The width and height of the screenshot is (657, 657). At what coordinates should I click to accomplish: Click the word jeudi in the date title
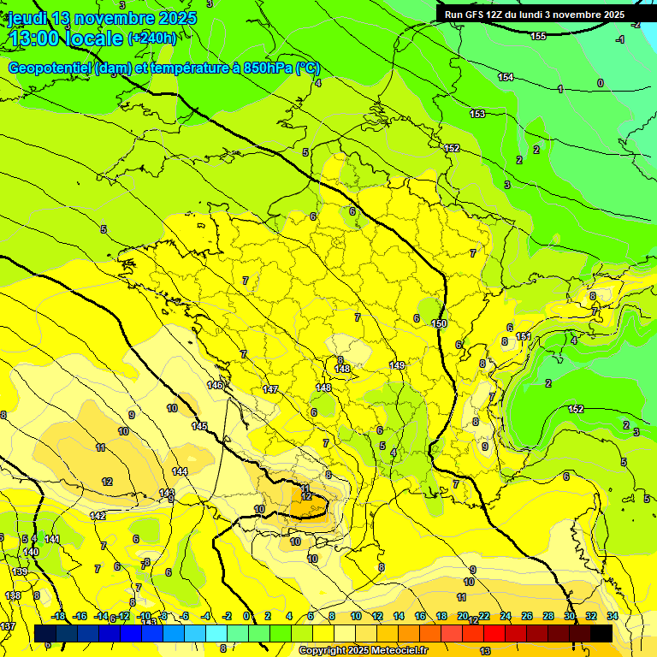[27, 17]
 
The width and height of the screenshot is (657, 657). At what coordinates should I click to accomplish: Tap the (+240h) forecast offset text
[151, 38]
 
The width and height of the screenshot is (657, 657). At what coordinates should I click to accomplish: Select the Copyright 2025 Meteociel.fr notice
[363, 651]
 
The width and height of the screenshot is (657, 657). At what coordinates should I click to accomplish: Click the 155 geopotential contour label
[538, 36]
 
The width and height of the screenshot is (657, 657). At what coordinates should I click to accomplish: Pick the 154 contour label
[506, 78]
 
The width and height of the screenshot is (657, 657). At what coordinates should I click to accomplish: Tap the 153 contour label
[477, 114]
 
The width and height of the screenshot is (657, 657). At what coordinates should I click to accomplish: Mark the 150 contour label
[440, 323]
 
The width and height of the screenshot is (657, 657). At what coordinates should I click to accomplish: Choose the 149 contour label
[397, 365]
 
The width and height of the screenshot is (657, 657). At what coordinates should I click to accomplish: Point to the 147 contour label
[270, 389]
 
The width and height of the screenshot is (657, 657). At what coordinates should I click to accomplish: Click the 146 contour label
[215, 386]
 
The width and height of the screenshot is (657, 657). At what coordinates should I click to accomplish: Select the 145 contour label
[199, 426]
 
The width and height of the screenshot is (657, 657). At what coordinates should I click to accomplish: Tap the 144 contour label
[180, 471]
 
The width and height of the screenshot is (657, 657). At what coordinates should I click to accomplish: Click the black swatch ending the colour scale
[601, 632]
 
